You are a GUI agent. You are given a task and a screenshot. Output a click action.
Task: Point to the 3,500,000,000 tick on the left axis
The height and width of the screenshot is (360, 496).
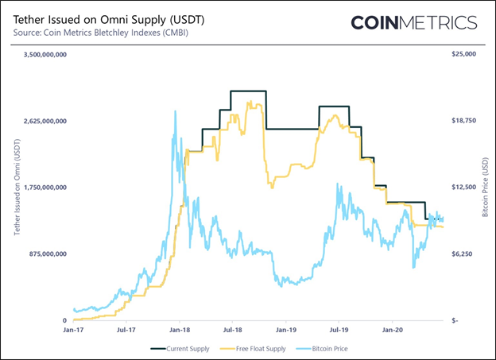(x=44, y=55)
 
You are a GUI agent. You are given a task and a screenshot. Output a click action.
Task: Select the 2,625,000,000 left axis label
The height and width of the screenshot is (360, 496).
(x=44, y=122)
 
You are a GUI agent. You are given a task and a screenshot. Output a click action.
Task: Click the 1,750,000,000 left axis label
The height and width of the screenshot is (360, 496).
(x=44, y=188)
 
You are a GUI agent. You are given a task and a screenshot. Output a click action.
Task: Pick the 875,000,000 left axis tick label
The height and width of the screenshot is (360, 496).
(x=47, y=254)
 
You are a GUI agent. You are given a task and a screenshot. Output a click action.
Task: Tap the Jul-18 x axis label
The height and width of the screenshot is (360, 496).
(x=233, y=327)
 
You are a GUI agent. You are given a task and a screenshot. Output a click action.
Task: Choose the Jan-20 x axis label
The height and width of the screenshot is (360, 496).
(x=393, y=327)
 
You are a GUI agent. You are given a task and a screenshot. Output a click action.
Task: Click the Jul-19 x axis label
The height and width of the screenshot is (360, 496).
(x=339, y=327)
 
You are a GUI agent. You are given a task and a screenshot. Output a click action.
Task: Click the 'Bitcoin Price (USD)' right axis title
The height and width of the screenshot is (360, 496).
(x=485, y=188)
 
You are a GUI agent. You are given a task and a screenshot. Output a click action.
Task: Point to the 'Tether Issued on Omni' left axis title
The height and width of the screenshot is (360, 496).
(x=17, y=188)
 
